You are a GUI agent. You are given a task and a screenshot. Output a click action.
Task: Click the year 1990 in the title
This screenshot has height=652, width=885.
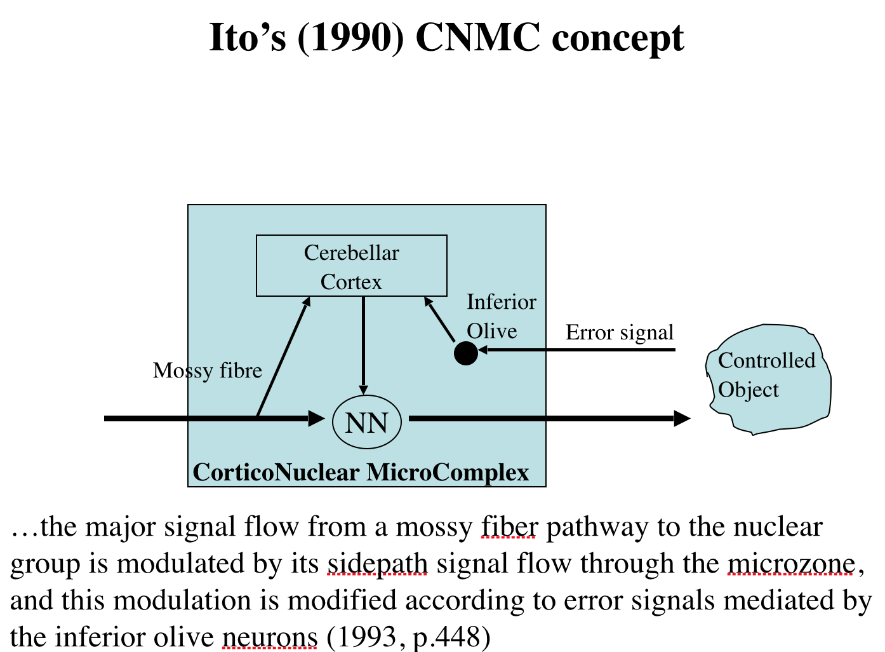click(350, 37)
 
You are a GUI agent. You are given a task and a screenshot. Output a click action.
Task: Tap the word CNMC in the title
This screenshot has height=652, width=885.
click(478, 37)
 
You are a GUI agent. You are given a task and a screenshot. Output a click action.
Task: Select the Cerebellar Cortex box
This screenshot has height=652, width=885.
click(351, 266)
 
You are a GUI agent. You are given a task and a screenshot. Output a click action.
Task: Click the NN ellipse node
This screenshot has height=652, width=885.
click(367, 423)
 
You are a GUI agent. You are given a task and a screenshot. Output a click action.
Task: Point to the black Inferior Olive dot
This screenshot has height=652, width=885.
click(465, 353)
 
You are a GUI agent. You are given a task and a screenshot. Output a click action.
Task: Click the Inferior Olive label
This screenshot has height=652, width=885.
click(501, 316)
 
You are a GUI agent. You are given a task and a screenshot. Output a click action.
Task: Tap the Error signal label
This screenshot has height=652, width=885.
click(619, 332)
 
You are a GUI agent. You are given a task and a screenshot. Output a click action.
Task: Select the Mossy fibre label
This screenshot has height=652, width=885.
click(207, 370)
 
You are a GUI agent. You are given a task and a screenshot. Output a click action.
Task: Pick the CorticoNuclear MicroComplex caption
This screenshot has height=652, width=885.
click(361, 473)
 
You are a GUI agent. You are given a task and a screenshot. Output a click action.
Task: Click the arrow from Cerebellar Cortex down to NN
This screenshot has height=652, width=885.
click(363, 344)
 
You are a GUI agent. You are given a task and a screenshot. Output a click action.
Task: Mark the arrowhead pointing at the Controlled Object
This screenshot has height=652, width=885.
click(682, 418)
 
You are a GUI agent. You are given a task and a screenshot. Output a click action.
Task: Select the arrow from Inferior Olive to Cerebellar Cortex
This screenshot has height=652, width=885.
click(439, 319)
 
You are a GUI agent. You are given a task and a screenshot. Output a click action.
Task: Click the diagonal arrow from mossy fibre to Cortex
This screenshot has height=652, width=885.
click(283, 357)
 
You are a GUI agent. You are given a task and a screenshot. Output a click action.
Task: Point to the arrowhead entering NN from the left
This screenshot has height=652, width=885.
click(316, 418)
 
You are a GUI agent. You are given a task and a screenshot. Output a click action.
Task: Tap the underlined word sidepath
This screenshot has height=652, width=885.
click(377, 564)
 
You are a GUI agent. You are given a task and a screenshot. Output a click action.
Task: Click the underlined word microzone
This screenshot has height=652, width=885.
click(791, 564)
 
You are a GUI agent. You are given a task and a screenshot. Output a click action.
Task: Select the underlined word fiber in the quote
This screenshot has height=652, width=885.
click(509, 527)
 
